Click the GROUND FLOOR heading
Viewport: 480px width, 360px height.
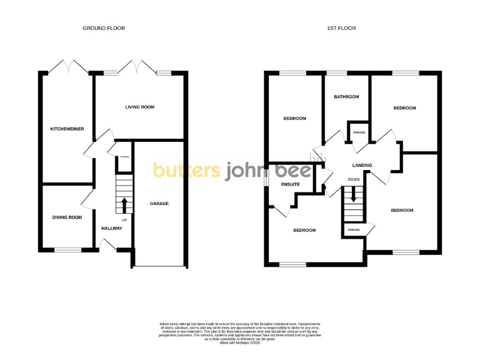click(104, 28)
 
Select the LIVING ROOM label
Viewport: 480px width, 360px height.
click(139, 107)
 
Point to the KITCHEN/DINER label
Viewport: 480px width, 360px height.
click(67, 129)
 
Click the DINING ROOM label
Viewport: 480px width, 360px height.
click(67, 217)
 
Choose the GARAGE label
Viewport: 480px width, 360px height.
click(159, 204)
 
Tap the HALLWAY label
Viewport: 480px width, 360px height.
click(112, 228)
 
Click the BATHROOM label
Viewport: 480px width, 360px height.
click(346, 97)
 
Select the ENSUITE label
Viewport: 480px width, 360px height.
click(291, 184)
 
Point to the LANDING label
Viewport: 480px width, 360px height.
click(362, 166)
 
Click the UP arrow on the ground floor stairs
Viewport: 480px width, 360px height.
click(124, 204)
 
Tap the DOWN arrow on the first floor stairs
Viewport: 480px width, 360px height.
click(354, 194)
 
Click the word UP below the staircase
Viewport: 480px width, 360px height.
click(124, 221)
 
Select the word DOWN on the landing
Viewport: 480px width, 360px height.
click(354, 180)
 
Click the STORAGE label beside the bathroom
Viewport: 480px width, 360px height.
click(359, 132)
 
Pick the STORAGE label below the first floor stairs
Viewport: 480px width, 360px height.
click(354, 230)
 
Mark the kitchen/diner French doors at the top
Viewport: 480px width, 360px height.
click(67, 66)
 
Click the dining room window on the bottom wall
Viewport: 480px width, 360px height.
click(67, 251)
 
